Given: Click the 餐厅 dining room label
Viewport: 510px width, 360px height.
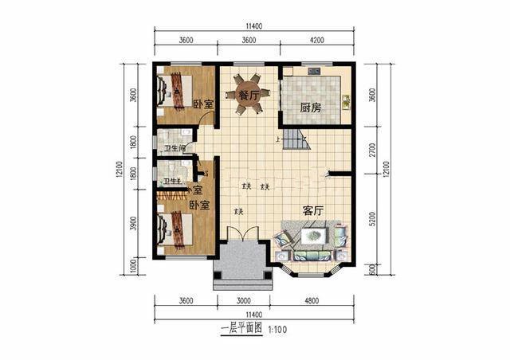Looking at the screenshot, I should click(249, 96).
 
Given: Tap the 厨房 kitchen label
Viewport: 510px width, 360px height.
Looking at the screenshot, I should click(311, 108).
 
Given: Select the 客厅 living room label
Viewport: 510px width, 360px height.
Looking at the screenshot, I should click(312, 211).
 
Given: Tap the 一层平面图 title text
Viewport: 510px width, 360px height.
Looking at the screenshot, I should click(241, 328).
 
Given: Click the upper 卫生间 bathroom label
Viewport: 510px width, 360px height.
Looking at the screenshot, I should click(175, 148).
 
